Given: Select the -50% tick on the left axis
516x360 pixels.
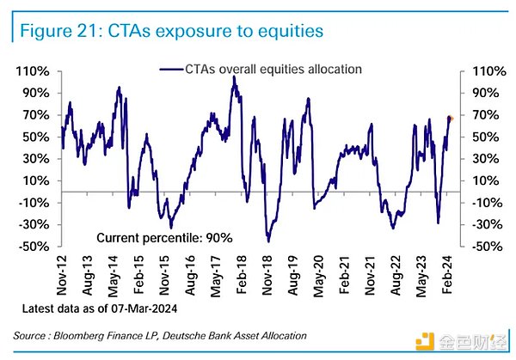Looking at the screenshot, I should point(32,247).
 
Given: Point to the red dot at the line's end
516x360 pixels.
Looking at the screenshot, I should point(449,118).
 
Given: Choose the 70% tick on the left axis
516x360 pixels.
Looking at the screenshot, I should point(34,115).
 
